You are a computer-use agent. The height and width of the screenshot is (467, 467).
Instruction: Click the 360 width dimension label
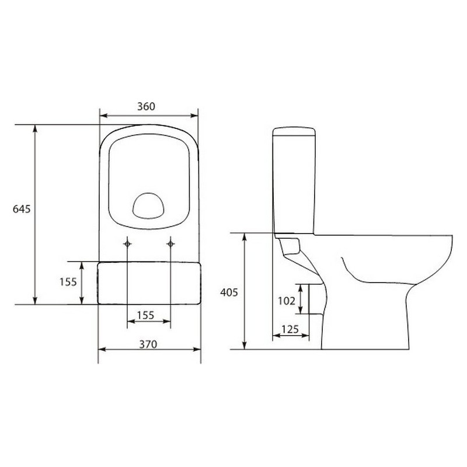coord(147,106)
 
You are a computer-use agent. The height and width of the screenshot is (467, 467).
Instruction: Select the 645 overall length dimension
coord(22,209)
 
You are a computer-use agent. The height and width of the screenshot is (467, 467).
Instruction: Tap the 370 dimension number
coord(148,344)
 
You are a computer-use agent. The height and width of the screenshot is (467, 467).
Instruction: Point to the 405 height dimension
coord(229,292)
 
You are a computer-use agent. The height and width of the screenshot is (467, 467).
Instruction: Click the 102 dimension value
coord(287,301)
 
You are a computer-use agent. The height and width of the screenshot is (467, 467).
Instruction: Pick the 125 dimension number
coord(290,329)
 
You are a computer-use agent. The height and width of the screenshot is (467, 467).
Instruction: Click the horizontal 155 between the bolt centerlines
coord(145,315)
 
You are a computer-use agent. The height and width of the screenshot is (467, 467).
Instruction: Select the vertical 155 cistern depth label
coord(68,282)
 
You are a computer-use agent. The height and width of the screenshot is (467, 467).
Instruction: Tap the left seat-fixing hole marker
coord(127,244)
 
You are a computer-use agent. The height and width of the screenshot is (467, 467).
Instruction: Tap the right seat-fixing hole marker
coord(170,244)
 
